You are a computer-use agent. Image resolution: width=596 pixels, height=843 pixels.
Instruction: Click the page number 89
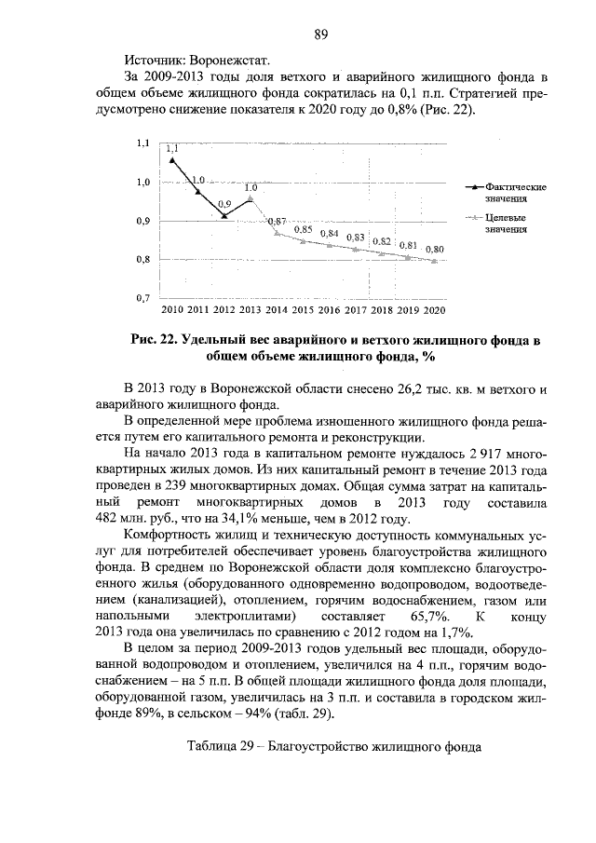319,34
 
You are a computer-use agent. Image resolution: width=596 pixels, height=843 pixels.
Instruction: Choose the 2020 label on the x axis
435,309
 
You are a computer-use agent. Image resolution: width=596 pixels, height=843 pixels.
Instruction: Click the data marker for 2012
224,215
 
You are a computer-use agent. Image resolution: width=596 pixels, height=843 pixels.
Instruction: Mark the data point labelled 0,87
278,232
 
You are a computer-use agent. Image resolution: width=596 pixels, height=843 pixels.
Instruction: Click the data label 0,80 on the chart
434,250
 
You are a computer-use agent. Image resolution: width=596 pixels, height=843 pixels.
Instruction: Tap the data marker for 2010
172,159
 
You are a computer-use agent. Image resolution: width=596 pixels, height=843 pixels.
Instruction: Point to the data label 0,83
355,238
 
